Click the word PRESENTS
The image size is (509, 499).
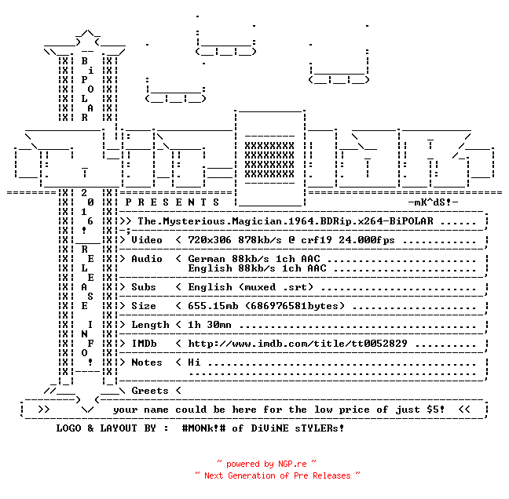(x=172, y=202)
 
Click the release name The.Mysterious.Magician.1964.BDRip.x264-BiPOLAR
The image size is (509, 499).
(x=285, y=221)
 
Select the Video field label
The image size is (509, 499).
(x=147, y=240)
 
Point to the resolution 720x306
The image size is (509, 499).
(x=210, y=240)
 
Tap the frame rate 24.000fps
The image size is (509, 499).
(x=367, y=240)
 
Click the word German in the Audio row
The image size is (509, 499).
(x=207, y=259)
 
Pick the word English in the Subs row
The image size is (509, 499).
(x=210, y=287)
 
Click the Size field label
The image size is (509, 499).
(x=144, y=306)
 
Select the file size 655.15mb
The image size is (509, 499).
(x=213, y=306)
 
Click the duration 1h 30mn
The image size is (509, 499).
(x=210, y=325)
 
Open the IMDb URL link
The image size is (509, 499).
(x=298, y=344)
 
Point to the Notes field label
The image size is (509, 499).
(x=147, y=362)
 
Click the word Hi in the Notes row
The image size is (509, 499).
(x=194, y=362)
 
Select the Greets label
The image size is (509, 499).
(x=150, y=391)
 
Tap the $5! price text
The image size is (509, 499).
(x=436, y=410)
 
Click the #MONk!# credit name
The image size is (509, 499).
(x=203, y=428)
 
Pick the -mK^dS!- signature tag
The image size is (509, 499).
(x=433, y=202)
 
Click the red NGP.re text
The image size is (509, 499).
(x=292, y=464)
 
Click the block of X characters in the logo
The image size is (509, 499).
(x=269, y=159)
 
